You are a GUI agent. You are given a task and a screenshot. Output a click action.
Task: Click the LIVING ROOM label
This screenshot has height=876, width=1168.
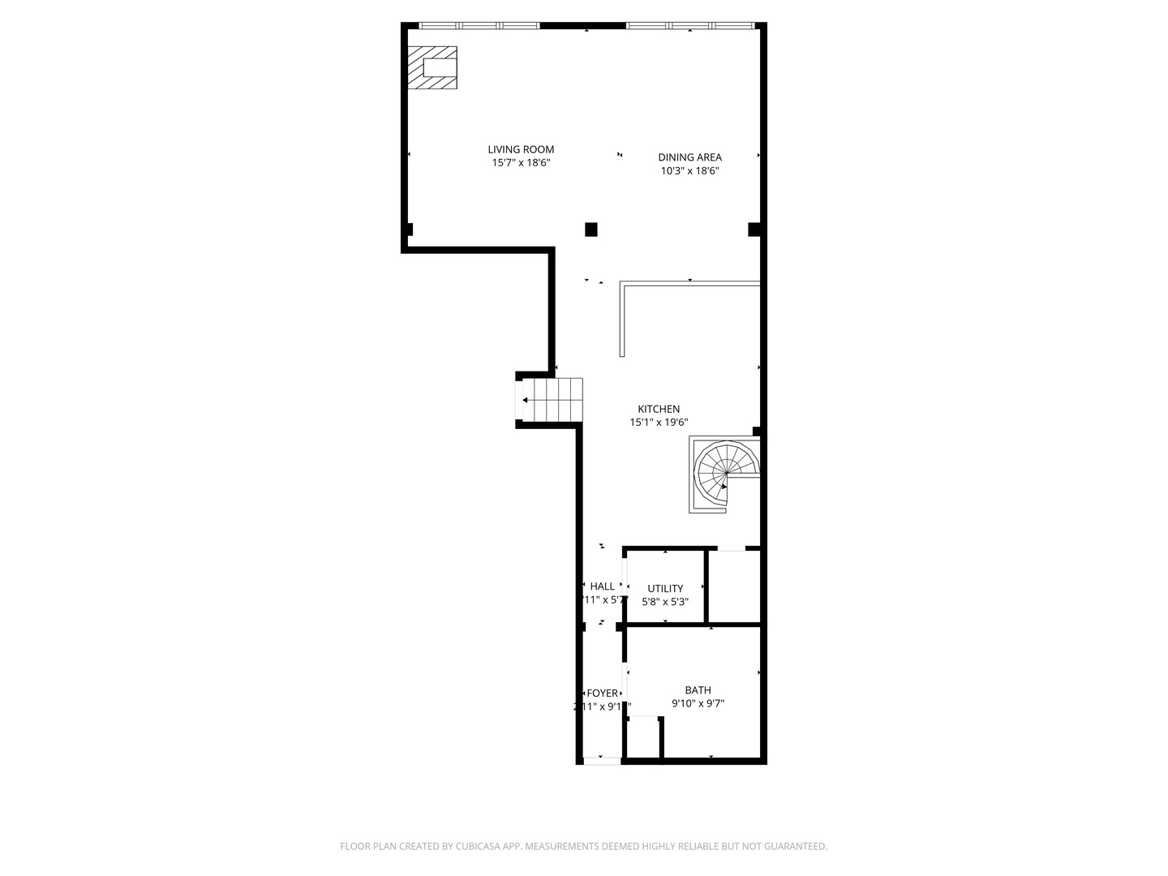(x=521, y=149)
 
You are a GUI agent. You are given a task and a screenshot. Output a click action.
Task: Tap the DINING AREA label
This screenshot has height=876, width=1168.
(x=689, y=157)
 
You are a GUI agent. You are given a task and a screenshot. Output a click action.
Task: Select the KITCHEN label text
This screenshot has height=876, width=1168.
(x=659, y=409)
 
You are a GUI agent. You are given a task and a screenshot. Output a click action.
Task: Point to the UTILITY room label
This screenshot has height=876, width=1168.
(x=665, y=588)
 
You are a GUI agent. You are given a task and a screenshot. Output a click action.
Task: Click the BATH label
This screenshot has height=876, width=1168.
(x=698, y=690)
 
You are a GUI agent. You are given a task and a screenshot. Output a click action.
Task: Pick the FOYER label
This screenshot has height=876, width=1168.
(x=603, y=693)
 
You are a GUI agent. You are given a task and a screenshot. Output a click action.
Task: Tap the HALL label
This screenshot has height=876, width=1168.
(x=603, y=586)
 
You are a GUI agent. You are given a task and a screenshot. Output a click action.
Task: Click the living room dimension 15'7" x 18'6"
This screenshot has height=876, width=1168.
(x=521, y=163)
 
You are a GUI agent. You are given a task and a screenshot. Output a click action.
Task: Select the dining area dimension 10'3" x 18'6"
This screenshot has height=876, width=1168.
(x=689, y=171)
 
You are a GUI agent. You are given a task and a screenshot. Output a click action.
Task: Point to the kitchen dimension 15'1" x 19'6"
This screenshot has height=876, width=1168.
(x=659, y=423)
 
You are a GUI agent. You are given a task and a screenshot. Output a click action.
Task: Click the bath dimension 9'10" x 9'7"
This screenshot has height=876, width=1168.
(x=698, y=704)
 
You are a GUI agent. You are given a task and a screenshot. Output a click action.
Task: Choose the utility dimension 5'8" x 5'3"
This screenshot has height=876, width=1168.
(x=665, y=602)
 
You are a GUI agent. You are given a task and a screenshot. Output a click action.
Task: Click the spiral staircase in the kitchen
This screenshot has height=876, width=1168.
(x=724, y=474)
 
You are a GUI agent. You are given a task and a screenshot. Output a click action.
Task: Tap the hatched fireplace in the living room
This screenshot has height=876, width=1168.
(x=432, y=68)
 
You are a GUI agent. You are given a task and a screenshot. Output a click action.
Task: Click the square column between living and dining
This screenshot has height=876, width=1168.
(x=591, y=230)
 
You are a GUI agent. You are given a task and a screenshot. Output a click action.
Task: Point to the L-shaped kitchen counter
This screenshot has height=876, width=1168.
(x=689, y=284)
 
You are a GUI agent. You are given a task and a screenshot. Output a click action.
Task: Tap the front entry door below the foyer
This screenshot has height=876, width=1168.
(x=603, y=760)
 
